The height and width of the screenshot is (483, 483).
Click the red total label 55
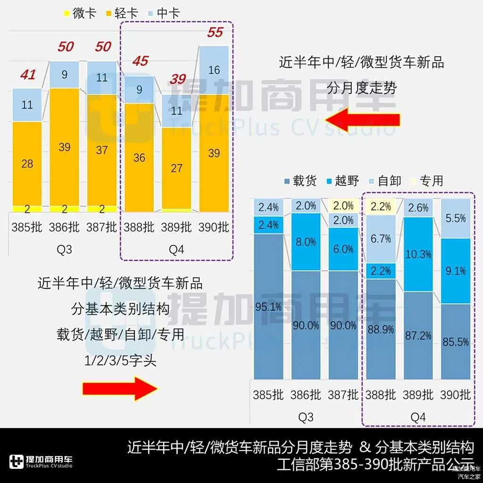click(215, 33)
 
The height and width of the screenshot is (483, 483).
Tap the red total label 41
click(28, 75)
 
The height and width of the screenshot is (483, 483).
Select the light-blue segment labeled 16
click(214, 70)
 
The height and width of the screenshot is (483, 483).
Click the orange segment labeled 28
click(27, 163)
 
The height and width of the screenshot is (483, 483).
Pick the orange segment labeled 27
click(176, 168)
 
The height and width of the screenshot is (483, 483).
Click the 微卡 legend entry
click(80, 13)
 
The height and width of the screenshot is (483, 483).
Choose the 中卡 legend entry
click(164, 13)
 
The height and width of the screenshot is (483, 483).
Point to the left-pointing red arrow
click(362, 120)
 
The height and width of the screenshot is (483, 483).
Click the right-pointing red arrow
click(120, 388)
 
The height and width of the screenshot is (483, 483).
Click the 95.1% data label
click(268, 307)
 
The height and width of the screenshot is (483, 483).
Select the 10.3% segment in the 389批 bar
click(418, 254)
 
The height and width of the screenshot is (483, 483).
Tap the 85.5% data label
click(456, 342)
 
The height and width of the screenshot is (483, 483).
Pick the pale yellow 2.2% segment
click(381, 206)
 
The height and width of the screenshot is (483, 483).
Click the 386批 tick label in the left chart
click(64, 227)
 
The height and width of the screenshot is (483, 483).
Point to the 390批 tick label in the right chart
click(455, 394)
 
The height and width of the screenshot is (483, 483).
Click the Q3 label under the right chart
click(306, 417)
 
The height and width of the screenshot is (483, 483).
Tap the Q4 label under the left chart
click(176, 250)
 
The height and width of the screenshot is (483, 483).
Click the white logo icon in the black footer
click(17, 462)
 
